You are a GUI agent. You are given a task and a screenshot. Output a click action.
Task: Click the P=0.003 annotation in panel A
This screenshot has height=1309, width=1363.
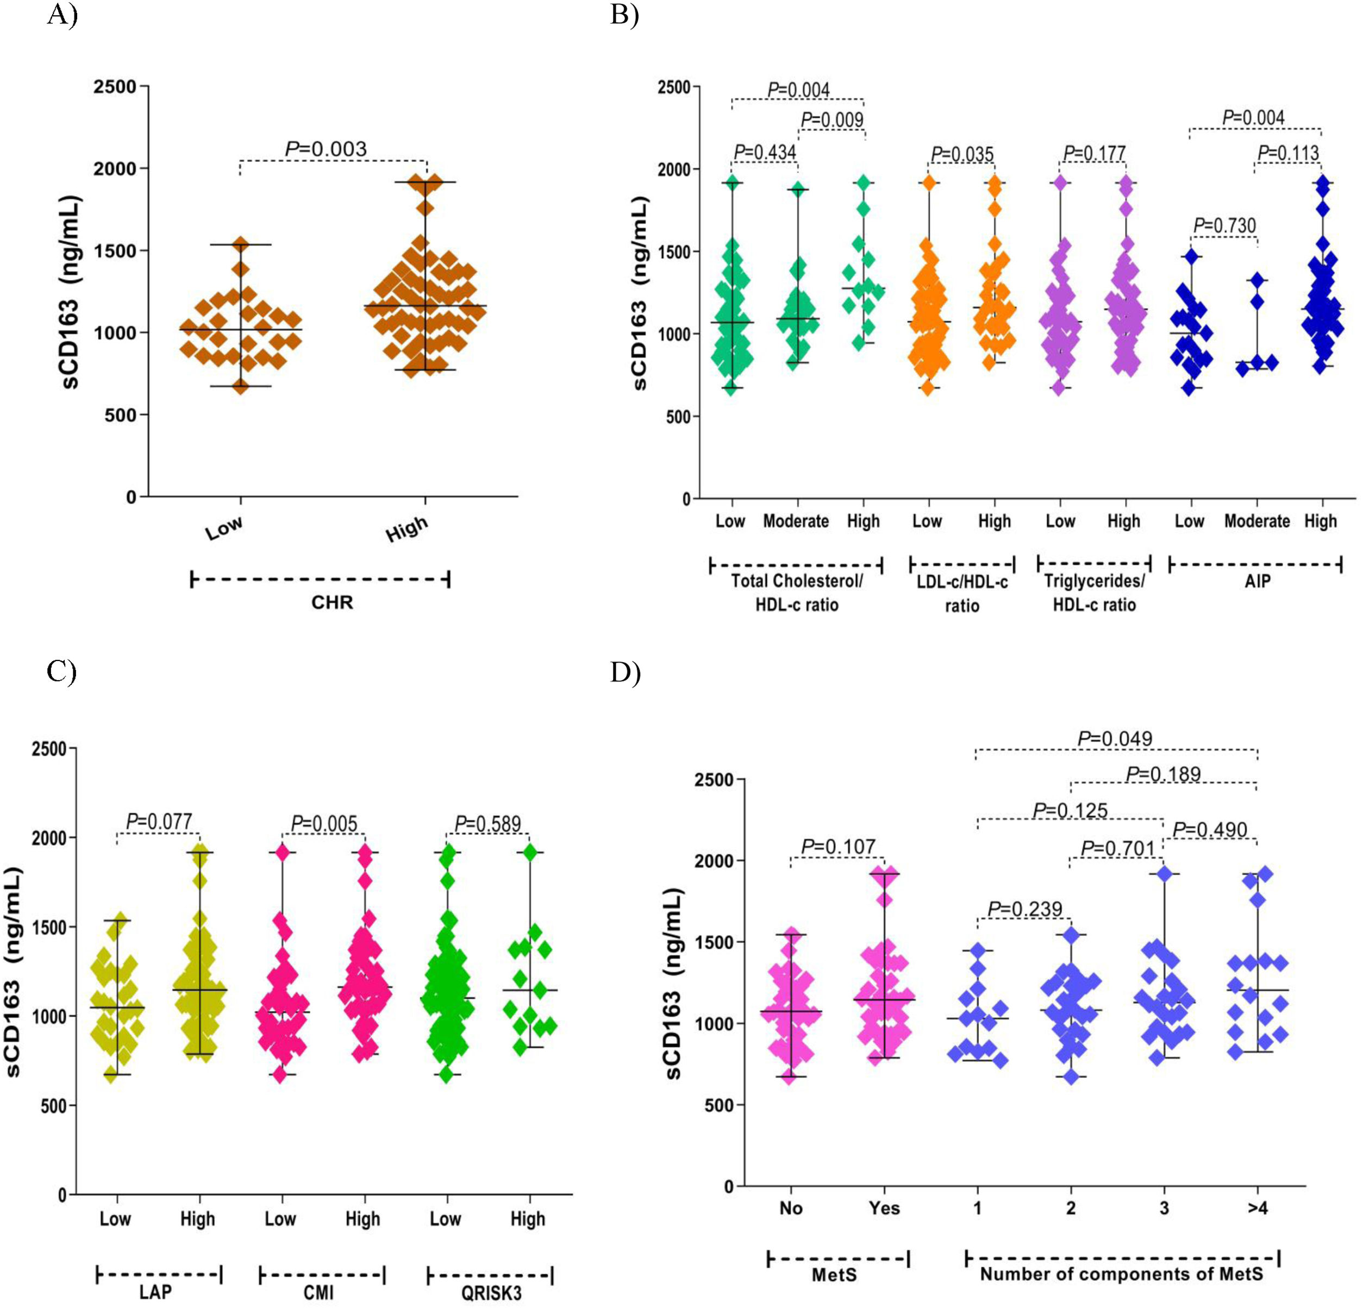coord(326,149)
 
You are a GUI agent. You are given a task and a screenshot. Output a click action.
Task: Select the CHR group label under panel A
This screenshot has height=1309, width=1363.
coord(332,602)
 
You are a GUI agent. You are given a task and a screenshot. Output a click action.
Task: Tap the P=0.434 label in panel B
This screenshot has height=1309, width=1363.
coord(765,152)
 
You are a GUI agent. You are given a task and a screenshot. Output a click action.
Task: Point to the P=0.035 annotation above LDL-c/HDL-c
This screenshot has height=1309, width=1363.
coord(962,154)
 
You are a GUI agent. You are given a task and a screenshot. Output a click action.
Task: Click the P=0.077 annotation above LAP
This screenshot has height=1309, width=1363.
coord(159,822)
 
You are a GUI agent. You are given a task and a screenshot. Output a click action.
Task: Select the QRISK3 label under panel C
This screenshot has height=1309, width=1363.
coord(491,1293)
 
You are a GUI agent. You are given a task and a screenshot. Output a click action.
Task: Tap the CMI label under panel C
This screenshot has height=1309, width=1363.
coord(318,1293)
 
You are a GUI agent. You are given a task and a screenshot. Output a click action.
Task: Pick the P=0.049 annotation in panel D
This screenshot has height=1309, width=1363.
coord(1115,739)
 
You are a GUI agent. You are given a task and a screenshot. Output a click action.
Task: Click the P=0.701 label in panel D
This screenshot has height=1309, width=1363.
coord(1117,849)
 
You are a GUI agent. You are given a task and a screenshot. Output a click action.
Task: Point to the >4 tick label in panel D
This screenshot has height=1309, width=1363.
coord(1258,1208)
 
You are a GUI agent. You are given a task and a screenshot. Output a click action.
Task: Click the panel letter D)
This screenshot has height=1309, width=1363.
coord(625,672)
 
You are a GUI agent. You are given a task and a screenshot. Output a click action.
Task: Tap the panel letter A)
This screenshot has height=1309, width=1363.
coord(62,14)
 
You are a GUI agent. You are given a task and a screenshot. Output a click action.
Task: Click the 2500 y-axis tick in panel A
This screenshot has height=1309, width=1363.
coord(115,87)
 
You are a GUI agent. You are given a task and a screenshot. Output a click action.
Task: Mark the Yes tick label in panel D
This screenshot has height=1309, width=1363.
coord(884,1208)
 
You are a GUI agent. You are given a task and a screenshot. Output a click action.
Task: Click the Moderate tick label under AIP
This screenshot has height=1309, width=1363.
coord(1256,521)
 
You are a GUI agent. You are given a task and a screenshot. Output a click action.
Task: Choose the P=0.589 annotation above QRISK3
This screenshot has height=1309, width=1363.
coord(487,825)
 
